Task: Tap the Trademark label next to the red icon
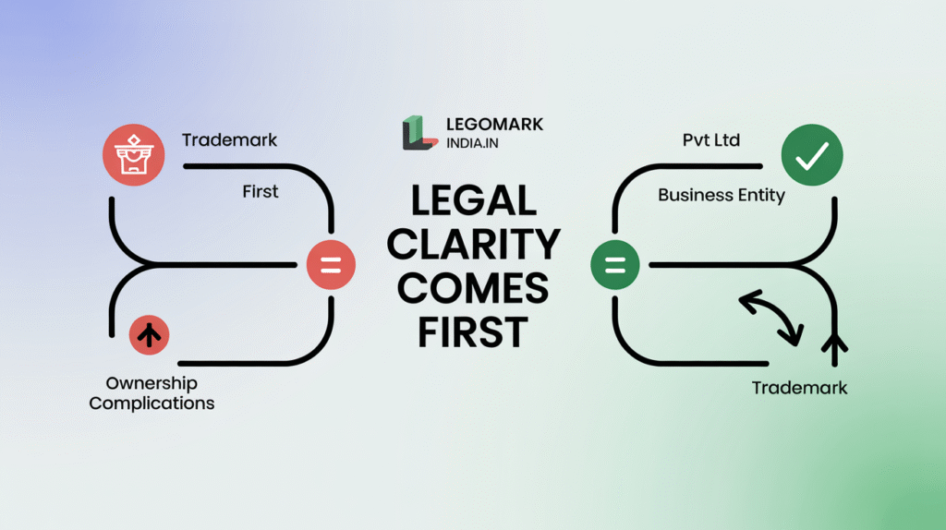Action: click(229, 140)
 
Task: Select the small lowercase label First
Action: click(261, 192)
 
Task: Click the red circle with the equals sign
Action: click(331, 266)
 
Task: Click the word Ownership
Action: click(152, 383)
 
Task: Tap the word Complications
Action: click(152, 404)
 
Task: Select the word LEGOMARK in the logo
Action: click(494, 125)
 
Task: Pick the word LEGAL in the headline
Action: click(473, 202)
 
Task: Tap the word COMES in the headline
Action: click(473, 288)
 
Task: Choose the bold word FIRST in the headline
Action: click(473, 331)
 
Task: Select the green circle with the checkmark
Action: click(812, 157)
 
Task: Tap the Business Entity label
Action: click(722, 196)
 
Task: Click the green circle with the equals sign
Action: click(615, 266)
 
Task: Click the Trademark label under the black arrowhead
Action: click(799, 388)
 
